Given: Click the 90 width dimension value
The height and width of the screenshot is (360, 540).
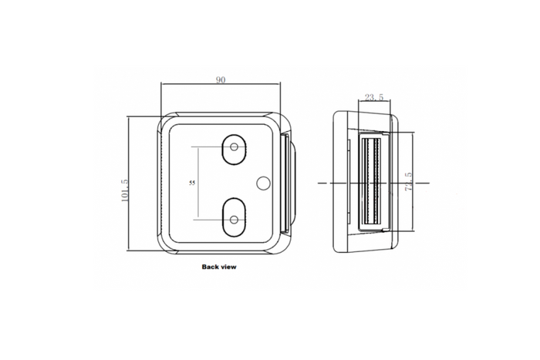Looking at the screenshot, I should (221, 80).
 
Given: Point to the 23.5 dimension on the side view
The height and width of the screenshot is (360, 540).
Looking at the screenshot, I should (373, 97).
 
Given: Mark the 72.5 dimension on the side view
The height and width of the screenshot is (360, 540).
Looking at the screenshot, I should (409, 182).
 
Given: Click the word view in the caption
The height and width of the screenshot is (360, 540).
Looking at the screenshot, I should (229, 267).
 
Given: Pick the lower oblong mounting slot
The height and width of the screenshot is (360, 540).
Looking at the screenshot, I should (235, 217).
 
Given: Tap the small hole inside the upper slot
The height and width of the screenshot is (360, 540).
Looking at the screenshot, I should (235, 146).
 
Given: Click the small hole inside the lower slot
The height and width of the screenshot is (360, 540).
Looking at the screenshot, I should (235, 219).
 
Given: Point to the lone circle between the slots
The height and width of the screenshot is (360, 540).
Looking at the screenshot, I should (262, 183).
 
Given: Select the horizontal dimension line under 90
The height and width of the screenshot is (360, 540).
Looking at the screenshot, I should (221, 86).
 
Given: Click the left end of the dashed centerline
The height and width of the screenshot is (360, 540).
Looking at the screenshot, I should (320, 183).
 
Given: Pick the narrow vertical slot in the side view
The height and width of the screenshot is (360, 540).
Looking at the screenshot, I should (348, 183).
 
